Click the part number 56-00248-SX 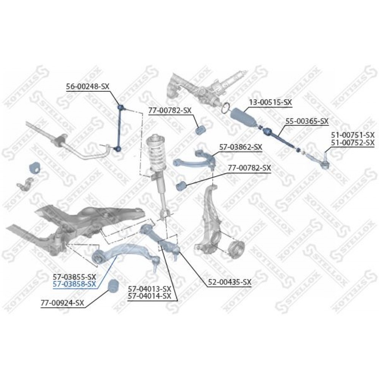pyautogui.click(x=88, y=86)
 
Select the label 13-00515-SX pyautogui.click(x=271, y=102)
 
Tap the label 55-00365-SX pyautogui.click(x=307, y=121)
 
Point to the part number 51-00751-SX pyautogui.click(x=352, y=135)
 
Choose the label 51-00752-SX pyautogui.click(x=352, y=143)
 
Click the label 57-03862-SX pyautogui.click(x=241, y=147)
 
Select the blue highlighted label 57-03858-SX pyautogui.click(x=74, y=284)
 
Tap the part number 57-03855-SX pyautogui.click(x=74, y=277)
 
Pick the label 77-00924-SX pyautogui.click(x=63, y=303)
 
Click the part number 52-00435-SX pyautogui.click(x=230, y=282)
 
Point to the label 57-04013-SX pyautogui.click(x=149, y=288)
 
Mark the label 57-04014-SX pyautogui.click(x=149, y=296)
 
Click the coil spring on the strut pyautogui.click(x=157, y=153)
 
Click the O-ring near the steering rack pyautogui.click(x=226, y=108)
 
